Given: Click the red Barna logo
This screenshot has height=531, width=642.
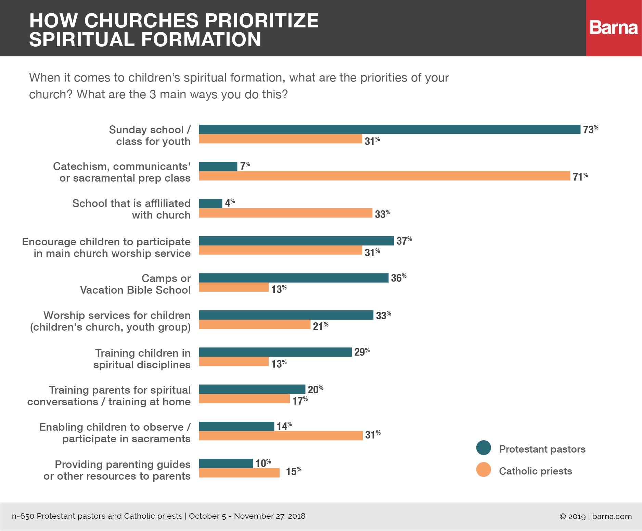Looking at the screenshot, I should point(614,28).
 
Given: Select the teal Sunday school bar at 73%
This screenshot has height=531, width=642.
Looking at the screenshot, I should point(389,129).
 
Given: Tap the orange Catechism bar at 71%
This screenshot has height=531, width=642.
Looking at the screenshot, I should point(384,176).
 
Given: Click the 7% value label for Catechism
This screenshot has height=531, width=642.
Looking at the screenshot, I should point(245,166).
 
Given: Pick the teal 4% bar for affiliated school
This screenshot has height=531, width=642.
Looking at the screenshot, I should point(210,203).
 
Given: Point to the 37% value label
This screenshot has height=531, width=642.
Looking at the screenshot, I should point(404,241).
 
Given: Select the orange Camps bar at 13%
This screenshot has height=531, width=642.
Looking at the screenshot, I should point(234,287).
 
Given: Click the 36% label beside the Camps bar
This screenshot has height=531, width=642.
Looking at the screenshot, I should point(398,278).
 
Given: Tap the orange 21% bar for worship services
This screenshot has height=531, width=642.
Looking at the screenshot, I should point(255,324).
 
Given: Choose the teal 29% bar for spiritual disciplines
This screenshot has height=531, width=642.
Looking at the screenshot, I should point(275,352).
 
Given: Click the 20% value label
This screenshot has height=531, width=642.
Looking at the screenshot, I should point(315,390).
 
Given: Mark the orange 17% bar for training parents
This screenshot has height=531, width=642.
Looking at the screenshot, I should point(244,399).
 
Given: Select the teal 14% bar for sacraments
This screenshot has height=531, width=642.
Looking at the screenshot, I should point(236,426).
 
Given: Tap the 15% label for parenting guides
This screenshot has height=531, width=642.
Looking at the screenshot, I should point(293,472).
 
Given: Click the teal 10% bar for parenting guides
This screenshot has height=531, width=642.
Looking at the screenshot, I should point(226,463).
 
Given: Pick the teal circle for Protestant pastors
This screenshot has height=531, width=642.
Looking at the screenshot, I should point(484,448).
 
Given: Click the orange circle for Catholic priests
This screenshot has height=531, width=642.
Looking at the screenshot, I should point(484,470).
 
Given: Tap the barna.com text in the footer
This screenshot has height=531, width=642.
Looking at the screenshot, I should point(612,516).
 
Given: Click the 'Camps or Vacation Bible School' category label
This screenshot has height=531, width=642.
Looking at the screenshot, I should point(135,284).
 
